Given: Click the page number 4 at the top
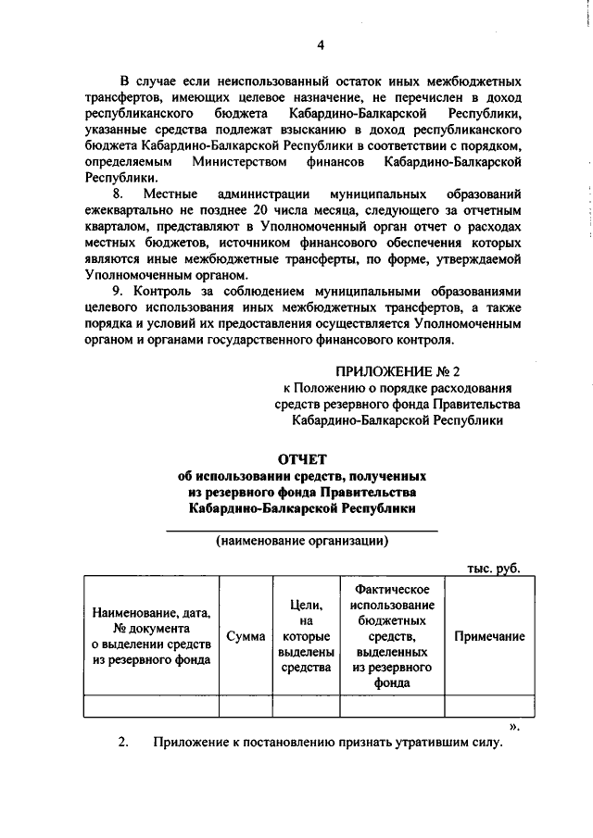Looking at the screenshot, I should tap(321, 45).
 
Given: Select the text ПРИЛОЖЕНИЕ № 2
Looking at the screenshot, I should tap(397, 371).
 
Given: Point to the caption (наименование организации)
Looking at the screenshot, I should tap(302, 541).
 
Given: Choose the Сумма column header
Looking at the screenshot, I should tap(246, 636).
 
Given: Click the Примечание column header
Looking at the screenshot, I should tap(488, 636).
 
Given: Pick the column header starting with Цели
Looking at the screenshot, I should tap(306, 636).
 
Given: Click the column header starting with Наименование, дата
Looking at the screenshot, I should tap(151, 636).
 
